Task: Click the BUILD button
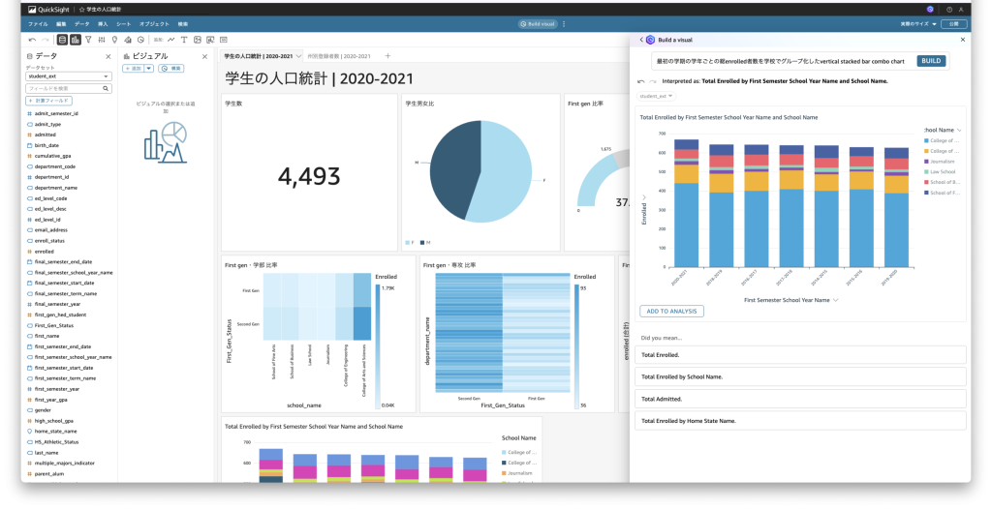coord(931,61)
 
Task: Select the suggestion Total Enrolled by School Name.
coord(669,376)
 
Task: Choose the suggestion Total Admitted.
coord(661,399)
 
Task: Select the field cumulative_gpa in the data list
coord(55,156)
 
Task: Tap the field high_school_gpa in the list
coord(55,421)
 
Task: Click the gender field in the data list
coord(44,410)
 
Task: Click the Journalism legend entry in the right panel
coord(943,161)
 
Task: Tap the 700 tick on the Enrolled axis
coord(663,134)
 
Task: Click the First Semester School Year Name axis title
coord(787,300)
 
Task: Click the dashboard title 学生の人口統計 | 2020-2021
coord(319,78)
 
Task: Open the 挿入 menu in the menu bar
coord(103,22)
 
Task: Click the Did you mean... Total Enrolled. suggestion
coord(660,354)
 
